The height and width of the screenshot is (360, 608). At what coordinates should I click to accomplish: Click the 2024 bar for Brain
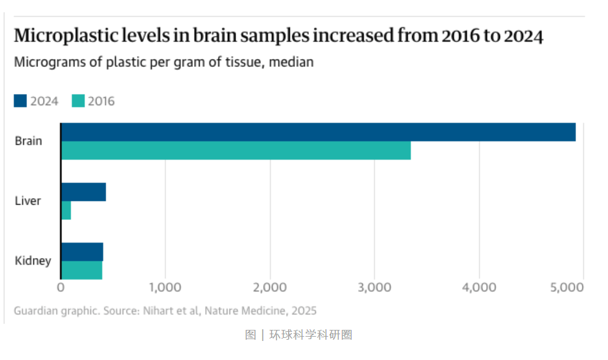[318, 132]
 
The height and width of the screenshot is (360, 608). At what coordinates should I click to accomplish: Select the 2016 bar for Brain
[236, 151]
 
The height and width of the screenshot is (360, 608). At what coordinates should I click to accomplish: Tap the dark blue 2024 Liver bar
[84, 192]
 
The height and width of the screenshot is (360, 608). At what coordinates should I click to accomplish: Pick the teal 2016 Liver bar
[66, 210]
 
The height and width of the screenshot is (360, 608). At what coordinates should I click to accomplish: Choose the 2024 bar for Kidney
[82, 252]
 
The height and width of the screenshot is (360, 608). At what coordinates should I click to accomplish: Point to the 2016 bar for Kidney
[82, 270]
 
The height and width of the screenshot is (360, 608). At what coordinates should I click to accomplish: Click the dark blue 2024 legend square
[20, 101]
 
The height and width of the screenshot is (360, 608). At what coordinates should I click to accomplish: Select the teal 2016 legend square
[78, 101]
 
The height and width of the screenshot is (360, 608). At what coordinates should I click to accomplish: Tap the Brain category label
[28, 141]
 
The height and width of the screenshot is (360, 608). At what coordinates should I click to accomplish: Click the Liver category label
[28, 201]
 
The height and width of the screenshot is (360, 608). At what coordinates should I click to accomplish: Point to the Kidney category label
[33, 261]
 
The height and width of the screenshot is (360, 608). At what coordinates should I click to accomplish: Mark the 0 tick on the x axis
[61, 287]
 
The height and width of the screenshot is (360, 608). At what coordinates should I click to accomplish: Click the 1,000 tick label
[165, 287]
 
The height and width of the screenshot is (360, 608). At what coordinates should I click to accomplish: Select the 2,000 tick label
[270, 287]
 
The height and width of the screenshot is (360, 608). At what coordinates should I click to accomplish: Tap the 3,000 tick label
[375, 287]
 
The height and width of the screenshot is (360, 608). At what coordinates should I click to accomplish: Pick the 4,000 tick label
[479, 287]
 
